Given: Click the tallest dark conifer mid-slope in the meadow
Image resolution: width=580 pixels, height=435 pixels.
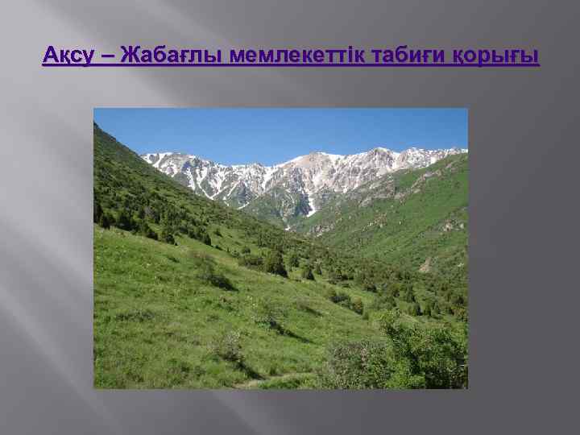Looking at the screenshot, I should (x=276, y=261).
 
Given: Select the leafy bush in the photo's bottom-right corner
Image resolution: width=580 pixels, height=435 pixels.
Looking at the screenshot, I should (x=427, y=354).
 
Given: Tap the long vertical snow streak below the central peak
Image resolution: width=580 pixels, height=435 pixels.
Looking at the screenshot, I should (x=310, y=201).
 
